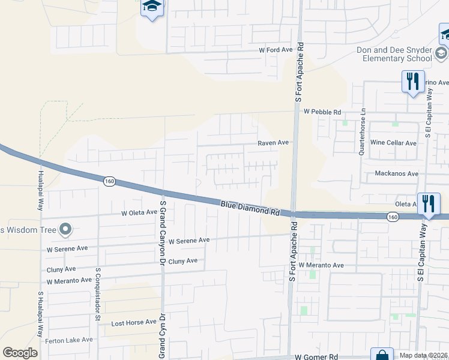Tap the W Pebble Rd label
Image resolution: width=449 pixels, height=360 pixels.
click(x=322, y=112)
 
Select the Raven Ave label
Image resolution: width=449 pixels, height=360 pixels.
click(x=273, y=143)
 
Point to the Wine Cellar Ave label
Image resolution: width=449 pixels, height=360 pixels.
click(x=393, y=143)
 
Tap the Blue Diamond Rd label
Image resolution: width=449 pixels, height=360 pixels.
click(x=250, y=209)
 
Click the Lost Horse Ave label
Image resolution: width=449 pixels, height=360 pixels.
click(x=134, y=323)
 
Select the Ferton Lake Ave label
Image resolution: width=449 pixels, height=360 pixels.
click(x=69, y=340)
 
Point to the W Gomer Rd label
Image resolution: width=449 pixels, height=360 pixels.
click(x=317, y=356)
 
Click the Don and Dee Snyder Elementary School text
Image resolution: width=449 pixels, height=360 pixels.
click(x=394, y=54)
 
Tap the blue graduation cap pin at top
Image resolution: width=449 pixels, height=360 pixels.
click(x=152, y=8)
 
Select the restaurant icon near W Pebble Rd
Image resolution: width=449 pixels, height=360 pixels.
click(x=412, y=82)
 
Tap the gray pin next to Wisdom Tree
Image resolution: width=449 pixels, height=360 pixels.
click(x=65, y=229)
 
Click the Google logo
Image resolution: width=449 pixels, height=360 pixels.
click(x=20, y=353)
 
